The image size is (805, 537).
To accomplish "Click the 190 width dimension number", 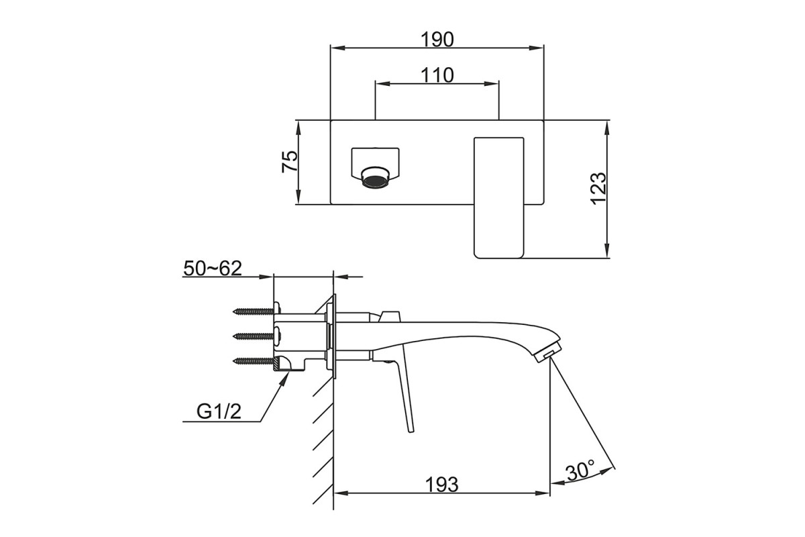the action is (x=437, y=39).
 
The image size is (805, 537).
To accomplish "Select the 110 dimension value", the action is (x=437, y=76).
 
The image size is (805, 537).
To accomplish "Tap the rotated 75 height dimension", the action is (x=290, y=162).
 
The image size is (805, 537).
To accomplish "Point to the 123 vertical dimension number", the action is (x=598, y=189).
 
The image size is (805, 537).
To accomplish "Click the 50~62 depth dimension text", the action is (x=213, y=268).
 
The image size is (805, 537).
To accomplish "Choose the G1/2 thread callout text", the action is (x=219, y=411).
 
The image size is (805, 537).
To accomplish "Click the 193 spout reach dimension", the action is (x=441, y=485).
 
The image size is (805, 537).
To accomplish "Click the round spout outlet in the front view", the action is (x=375, y=178).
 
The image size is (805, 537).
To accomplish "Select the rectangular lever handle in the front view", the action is (x=499, y=198).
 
